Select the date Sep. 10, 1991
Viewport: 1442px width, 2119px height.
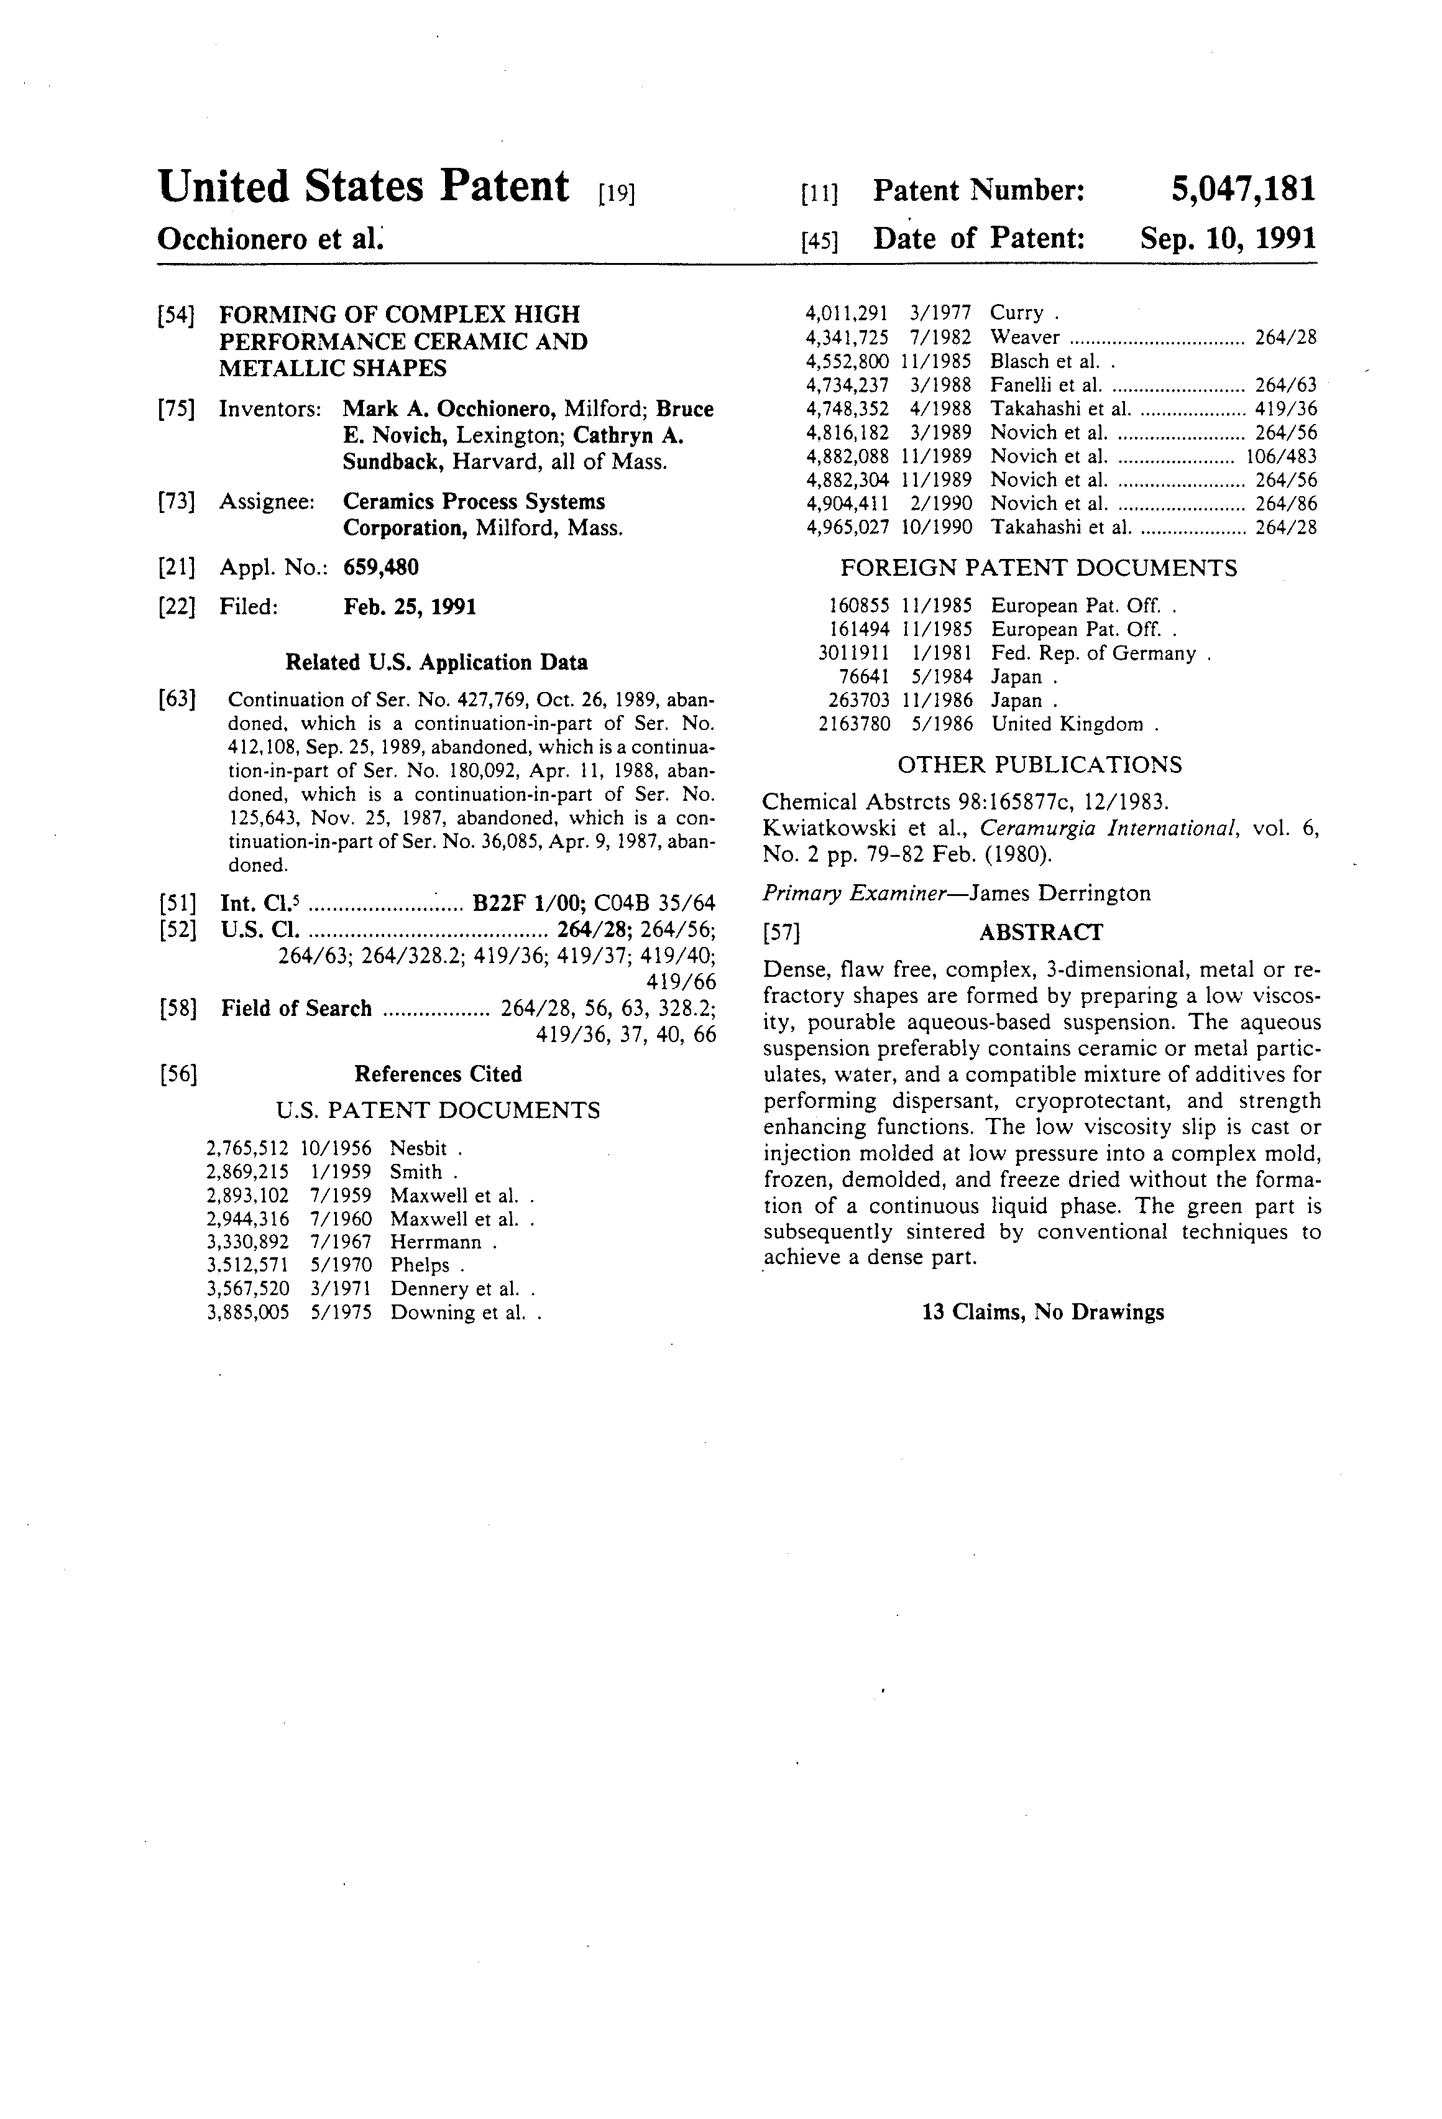click(1228, 239)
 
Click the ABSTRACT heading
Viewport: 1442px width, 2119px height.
click(1040, 932)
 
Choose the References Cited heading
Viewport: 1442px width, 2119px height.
click(438, 1074)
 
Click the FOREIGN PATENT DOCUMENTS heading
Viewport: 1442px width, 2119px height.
click(1038, 568)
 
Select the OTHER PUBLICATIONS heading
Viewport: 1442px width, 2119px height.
click(1039, 764)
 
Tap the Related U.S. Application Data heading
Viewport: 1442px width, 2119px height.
click(436, 662)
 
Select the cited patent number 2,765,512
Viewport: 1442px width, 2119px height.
click(248, 1149)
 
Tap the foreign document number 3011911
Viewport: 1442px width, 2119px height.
click(853, 653)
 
